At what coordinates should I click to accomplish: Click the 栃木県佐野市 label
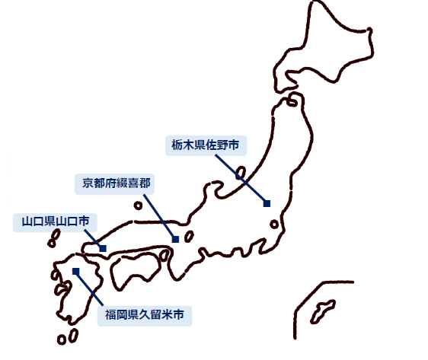click(206, 145)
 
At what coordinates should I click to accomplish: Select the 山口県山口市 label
click(56, 221)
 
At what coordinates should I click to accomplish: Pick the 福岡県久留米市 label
click(145, 315)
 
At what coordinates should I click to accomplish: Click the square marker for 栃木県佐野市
click(267, 203)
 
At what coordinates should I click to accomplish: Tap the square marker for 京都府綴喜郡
click(175, 239)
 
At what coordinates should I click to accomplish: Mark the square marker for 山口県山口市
click(103, 248)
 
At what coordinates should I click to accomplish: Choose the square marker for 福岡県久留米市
click(76, 272)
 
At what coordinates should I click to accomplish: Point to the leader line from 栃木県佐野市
click(241, 179)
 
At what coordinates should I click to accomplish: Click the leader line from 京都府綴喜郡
click(159, 217)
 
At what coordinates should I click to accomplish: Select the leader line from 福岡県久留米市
click(89, 288)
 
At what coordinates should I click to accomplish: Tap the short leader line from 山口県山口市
click(94, 239)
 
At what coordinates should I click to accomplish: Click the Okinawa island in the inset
click(323, 311)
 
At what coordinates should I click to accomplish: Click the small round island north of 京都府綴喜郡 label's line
click(138, 205)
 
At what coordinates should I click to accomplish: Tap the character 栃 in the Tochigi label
click(177, 145)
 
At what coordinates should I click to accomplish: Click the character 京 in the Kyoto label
click(88, 183)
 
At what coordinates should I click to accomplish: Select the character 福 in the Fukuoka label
click(110, 315)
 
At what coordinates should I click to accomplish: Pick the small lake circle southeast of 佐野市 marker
click(274, 225)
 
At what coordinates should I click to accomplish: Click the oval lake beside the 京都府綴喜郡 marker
click(189, 237)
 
